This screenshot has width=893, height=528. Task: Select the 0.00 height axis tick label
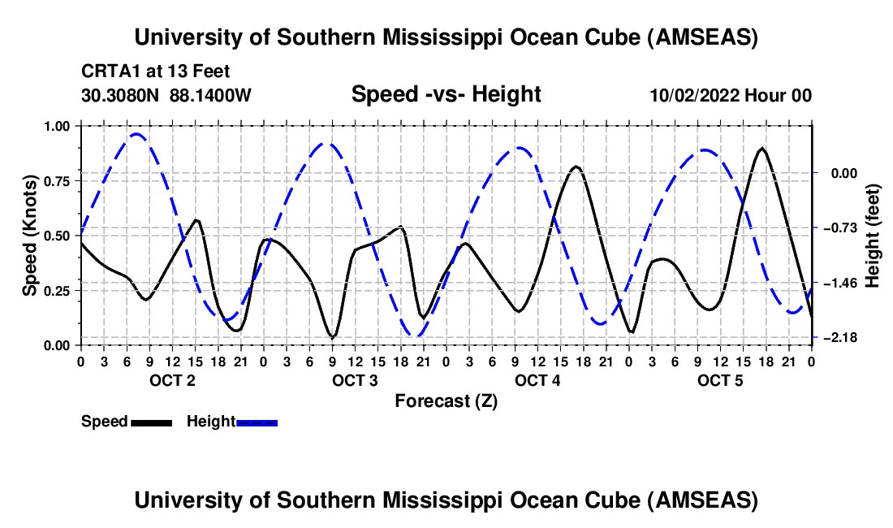click(839, 172)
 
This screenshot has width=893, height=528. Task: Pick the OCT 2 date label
click(172, 381)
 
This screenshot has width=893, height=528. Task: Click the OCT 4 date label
click(537, 381)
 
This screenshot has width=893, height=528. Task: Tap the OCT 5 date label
click(720, 381)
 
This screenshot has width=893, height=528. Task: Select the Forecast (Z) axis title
click(446, 400)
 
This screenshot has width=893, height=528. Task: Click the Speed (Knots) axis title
click(28, 235)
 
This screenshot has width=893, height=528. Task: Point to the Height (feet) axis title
click(874, 235)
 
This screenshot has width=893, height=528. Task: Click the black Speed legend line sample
click(151, 422)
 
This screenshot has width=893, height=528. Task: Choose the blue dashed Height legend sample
click(257, 422)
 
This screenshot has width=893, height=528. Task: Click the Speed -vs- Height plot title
click(446, 95)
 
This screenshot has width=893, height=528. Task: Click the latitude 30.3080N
click(121, 96)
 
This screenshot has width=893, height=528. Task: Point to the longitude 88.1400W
click(210, 96)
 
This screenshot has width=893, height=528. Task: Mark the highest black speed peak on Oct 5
click(761, 149)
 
